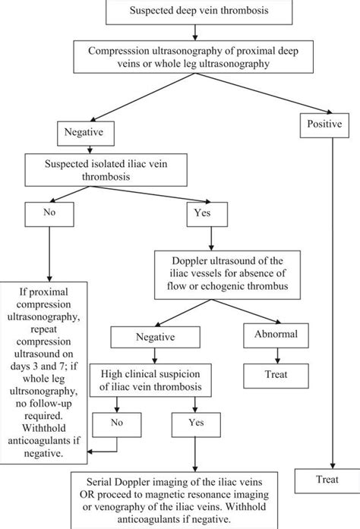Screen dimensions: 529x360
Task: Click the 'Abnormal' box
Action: pos(270,335)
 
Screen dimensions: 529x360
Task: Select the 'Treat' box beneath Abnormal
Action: pos(270,373)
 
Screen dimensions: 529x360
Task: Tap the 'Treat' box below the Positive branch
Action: pos(327,480)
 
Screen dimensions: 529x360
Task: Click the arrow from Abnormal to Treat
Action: pos(270,354)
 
